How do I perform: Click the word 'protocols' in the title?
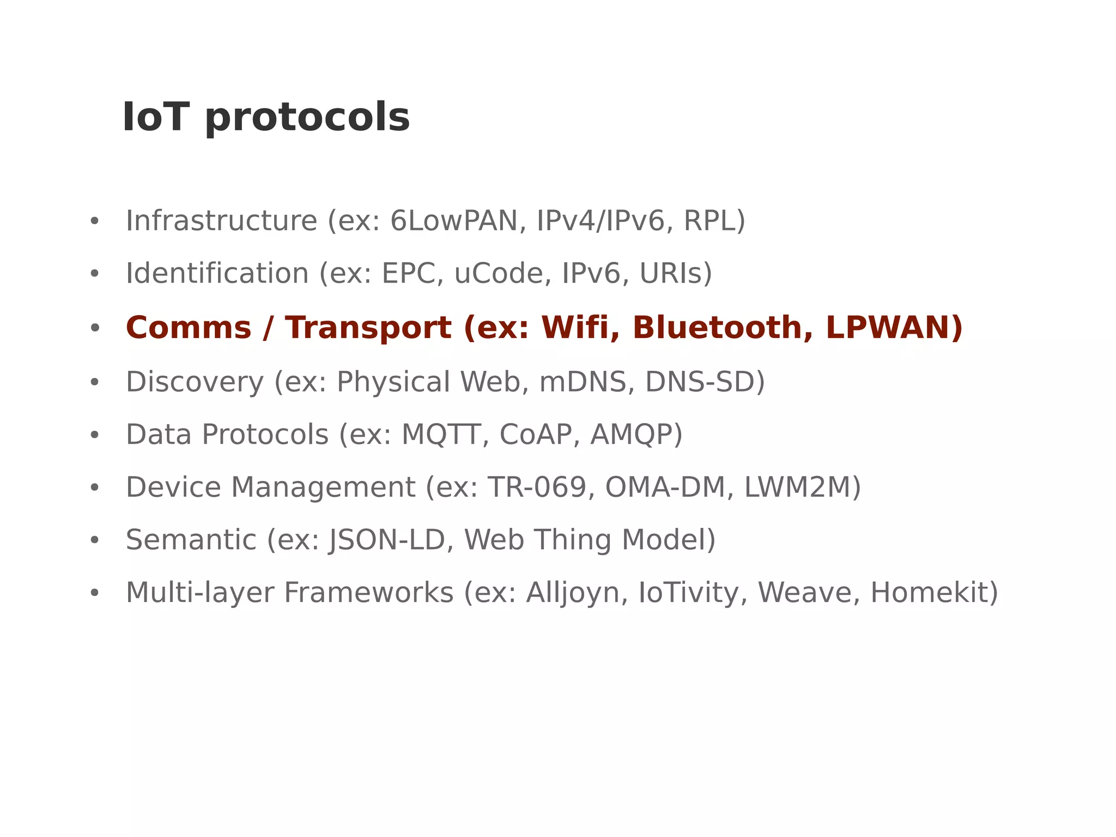tap(307, 119)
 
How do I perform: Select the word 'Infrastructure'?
tap(221, 221)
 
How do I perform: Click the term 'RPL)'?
tap(714, 221)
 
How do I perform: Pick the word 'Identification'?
tap(217, 273)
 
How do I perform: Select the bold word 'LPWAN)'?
tap(894, 328)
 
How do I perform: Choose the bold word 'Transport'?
tap(368, 328)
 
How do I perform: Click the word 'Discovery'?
tap(195, 382)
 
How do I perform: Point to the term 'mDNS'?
tap(583, 382)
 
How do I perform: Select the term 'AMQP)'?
tap(636, 435)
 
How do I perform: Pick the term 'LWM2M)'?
tap(802, 487)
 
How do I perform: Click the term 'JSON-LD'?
tap(387, 540)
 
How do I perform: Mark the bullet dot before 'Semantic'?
tap(95, 540)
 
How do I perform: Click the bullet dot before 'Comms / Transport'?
tap(95, 328)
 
